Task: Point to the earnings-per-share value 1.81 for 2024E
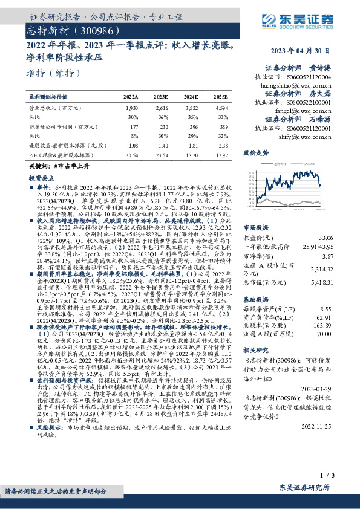pos(192,145)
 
